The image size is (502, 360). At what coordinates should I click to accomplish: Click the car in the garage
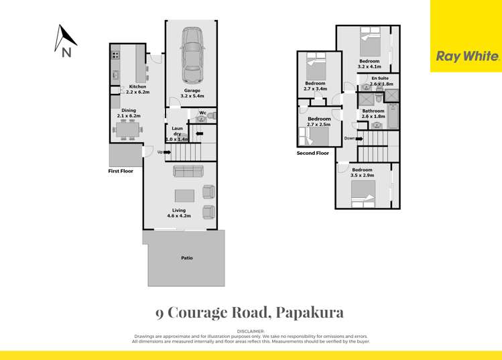[192, 51]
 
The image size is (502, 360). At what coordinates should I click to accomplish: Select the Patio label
[187, 257]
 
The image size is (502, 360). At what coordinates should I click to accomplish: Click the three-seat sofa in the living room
[187, 171]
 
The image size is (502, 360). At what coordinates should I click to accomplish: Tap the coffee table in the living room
[184, 196]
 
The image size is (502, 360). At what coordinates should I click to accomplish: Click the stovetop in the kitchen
[115, 56]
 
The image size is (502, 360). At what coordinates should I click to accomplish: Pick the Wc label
[202, 113]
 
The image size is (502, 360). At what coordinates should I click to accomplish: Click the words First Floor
[121, 171]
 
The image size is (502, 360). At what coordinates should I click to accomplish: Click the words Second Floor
[313, 154]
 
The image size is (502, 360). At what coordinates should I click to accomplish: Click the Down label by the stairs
[349, 139]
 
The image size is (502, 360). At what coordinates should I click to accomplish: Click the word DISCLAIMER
[251, 332]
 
